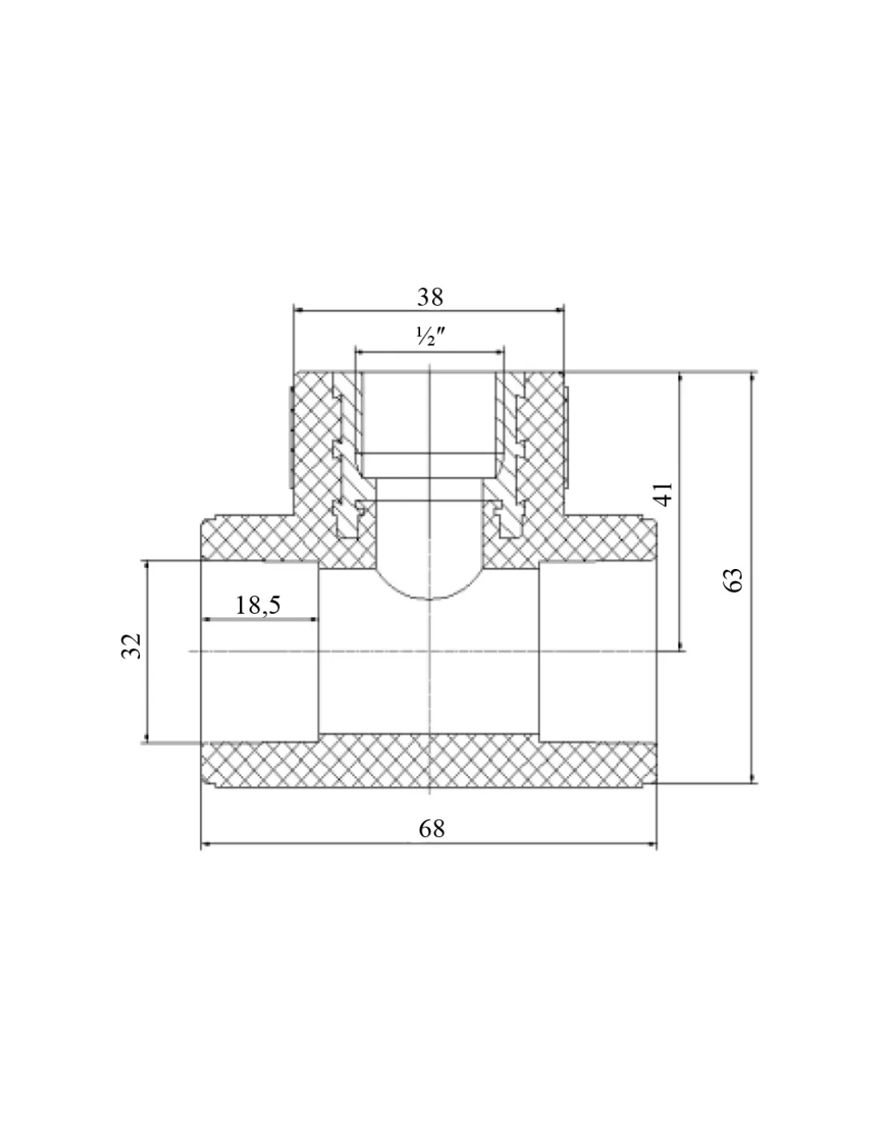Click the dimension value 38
[430, 298]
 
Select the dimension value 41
[664, 493]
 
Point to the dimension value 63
[734, 579]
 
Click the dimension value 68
[431, 828]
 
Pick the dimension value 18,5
[258, 605]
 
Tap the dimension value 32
[131, 647]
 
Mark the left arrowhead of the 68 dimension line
[206, 843]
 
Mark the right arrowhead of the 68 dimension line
[652, 843]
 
